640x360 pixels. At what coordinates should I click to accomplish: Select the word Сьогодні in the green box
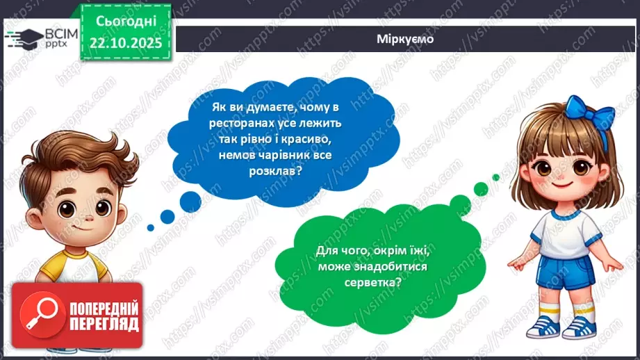coord(125,22)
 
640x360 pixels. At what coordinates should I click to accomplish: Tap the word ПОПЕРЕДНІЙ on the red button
coord(104,306)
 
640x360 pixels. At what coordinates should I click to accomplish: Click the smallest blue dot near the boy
coord(150,227)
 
